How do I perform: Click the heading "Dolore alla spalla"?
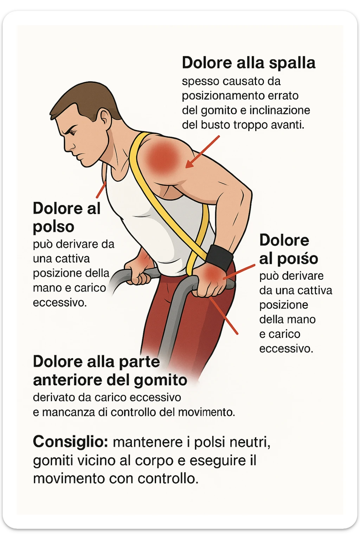coord(248,63)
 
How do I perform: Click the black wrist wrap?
coord(219,257)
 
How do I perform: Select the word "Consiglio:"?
coord(70,442)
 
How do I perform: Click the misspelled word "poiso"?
coord(298,259)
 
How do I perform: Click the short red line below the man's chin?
coord(101,190)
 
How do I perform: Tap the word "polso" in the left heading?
coord(53,227)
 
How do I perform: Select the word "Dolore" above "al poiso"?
coord(284,240)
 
